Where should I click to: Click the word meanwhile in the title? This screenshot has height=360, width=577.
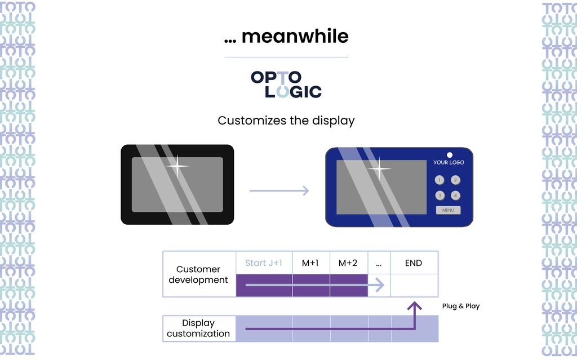[295, 37]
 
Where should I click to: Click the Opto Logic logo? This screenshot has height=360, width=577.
[286, 85]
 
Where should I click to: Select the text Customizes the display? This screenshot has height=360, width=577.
[286, 121]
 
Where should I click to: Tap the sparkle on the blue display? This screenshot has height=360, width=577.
[379, 168]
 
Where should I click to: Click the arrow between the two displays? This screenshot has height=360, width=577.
[279, 191]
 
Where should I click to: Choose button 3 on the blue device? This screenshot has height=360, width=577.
[440, 195]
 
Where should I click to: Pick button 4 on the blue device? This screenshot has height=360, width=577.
[456, 195]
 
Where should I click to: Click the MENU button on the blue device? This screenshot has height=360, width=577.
[448, 210]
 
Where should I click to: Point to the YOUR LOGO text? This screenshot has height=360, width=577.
[449, 162]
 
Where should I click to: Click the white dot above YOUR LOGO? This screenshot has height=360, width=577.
[450, 155]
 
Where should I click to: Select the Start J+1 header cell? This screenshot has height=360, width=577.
[264, 263]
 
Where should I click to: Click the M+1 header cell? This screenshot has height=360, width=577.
[310, 263]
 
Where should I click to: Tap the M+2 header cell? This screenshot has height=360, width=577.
[348, 263]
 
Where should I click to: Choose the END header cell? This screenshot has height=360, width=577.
[414, 263]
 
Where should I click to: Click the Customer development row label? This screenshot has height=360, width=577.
[198, 274]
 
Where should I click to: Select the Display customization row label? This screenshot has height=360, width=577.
[198, 328]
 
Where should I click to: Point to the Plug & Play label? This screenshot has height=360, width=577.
[461, 306]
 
